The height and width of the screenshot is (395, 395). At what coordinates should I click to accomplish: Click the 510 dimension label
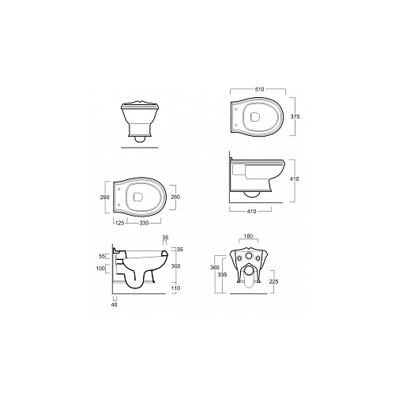[259, 89]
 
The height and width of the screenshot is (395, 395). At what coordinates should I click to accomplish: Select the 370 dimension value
[295, 116]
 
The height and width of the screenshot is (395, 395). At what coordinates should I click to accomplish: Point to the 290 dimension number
[105, 197]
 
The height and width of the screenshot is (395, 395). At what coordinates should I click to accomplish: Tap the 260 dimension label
[175, 197]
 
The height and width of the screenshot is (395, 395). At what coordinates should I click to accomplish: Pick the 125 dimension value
[120, 223]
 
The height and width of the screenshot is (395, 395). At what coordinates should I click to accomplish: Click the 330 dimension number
[144, 223]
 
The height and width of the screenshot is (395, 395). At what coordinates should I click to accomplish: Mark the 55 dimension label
[102, 256]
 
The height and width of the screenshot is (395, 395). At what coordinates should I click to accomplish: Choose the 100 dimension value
[100, 269]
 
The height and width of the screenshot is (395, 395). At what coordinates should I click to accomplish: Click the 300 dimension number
[175, 266]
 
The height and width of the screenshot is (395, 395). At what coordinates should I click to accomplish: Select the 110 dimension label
[175, 288]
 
